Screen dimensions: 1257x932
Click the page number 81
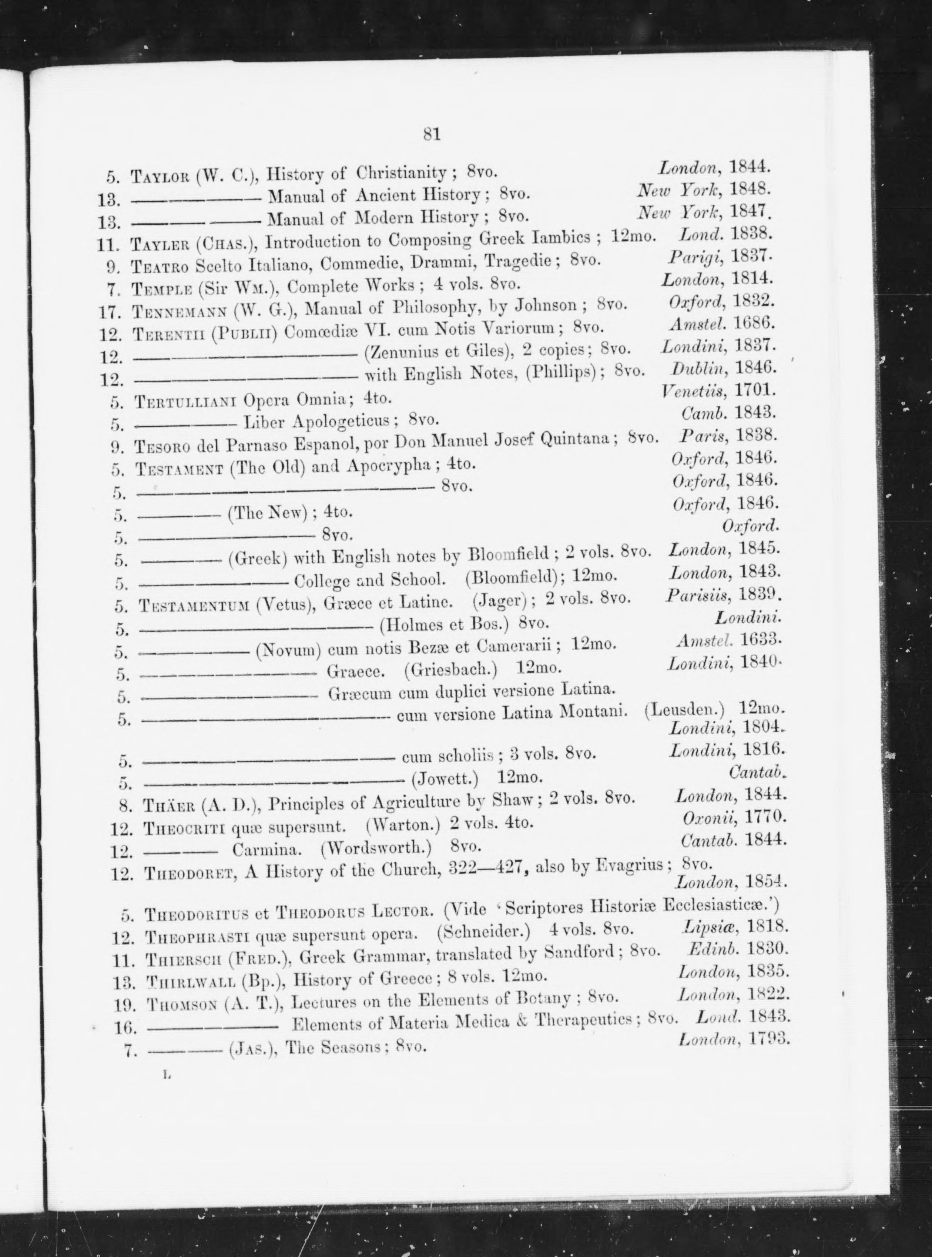point(432,134)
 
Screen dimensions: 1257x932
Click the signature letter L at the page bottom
point(166,1075)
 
